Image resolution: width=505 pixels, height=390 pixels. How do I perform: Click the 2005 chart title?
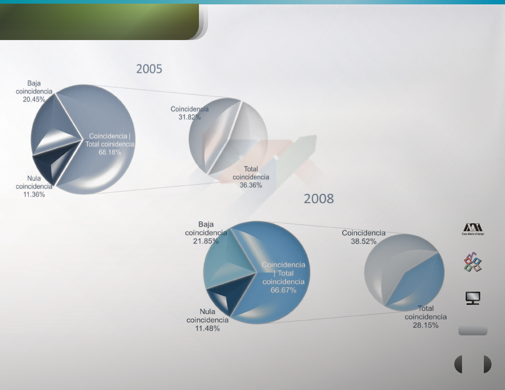point(149,69)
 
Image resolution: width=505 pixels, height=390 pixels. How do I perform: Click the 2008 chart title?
point(318,199)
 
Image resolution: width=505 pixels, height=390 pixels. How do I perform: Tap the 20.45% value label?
point(34,99)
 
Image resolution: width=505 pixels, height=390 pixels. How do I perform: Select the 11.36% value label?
point(34,194)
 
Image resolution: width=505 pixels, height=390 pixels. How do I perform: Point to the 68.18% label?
point(110,152)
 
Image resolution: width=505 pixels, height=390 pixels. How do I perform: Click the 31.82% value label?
point(189,117)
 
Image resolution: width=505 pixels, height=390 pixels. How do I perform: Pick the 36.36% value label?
point(251,185)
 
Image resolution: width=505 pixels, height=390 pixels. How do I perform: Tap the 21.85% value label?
point(206,241)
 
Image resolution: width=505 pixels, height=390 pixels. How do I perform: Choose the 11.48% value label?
point(207,328)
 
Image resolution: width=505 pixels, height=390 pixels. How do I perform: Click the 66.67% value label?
point(283,290)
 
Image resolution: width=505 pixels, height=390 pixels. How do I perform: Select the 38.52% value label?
point(364,241)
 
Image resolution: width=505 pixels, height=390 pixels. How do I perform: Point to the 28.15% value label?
point(426,325)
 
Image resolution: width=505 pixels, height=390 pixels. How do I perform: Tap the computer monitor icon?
point(473,298)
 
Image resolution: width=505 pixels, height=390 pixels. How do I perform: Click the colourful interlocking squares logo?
point(473,262)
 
